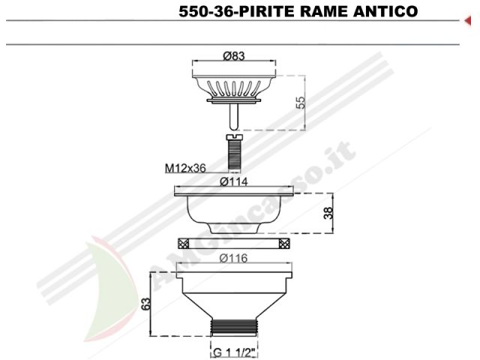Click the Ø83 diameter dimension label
click(234, 56)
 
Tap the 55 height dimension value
click(301, 103)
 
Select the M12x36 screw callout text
click(185, 168)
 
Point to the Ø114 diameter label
click(234, 181)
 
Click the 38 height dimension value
click(328, 213)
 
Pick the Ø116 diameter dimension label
click(233, 258)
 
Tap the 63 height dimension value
click(146, 303)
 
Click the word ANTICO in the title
click(385, 11)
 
